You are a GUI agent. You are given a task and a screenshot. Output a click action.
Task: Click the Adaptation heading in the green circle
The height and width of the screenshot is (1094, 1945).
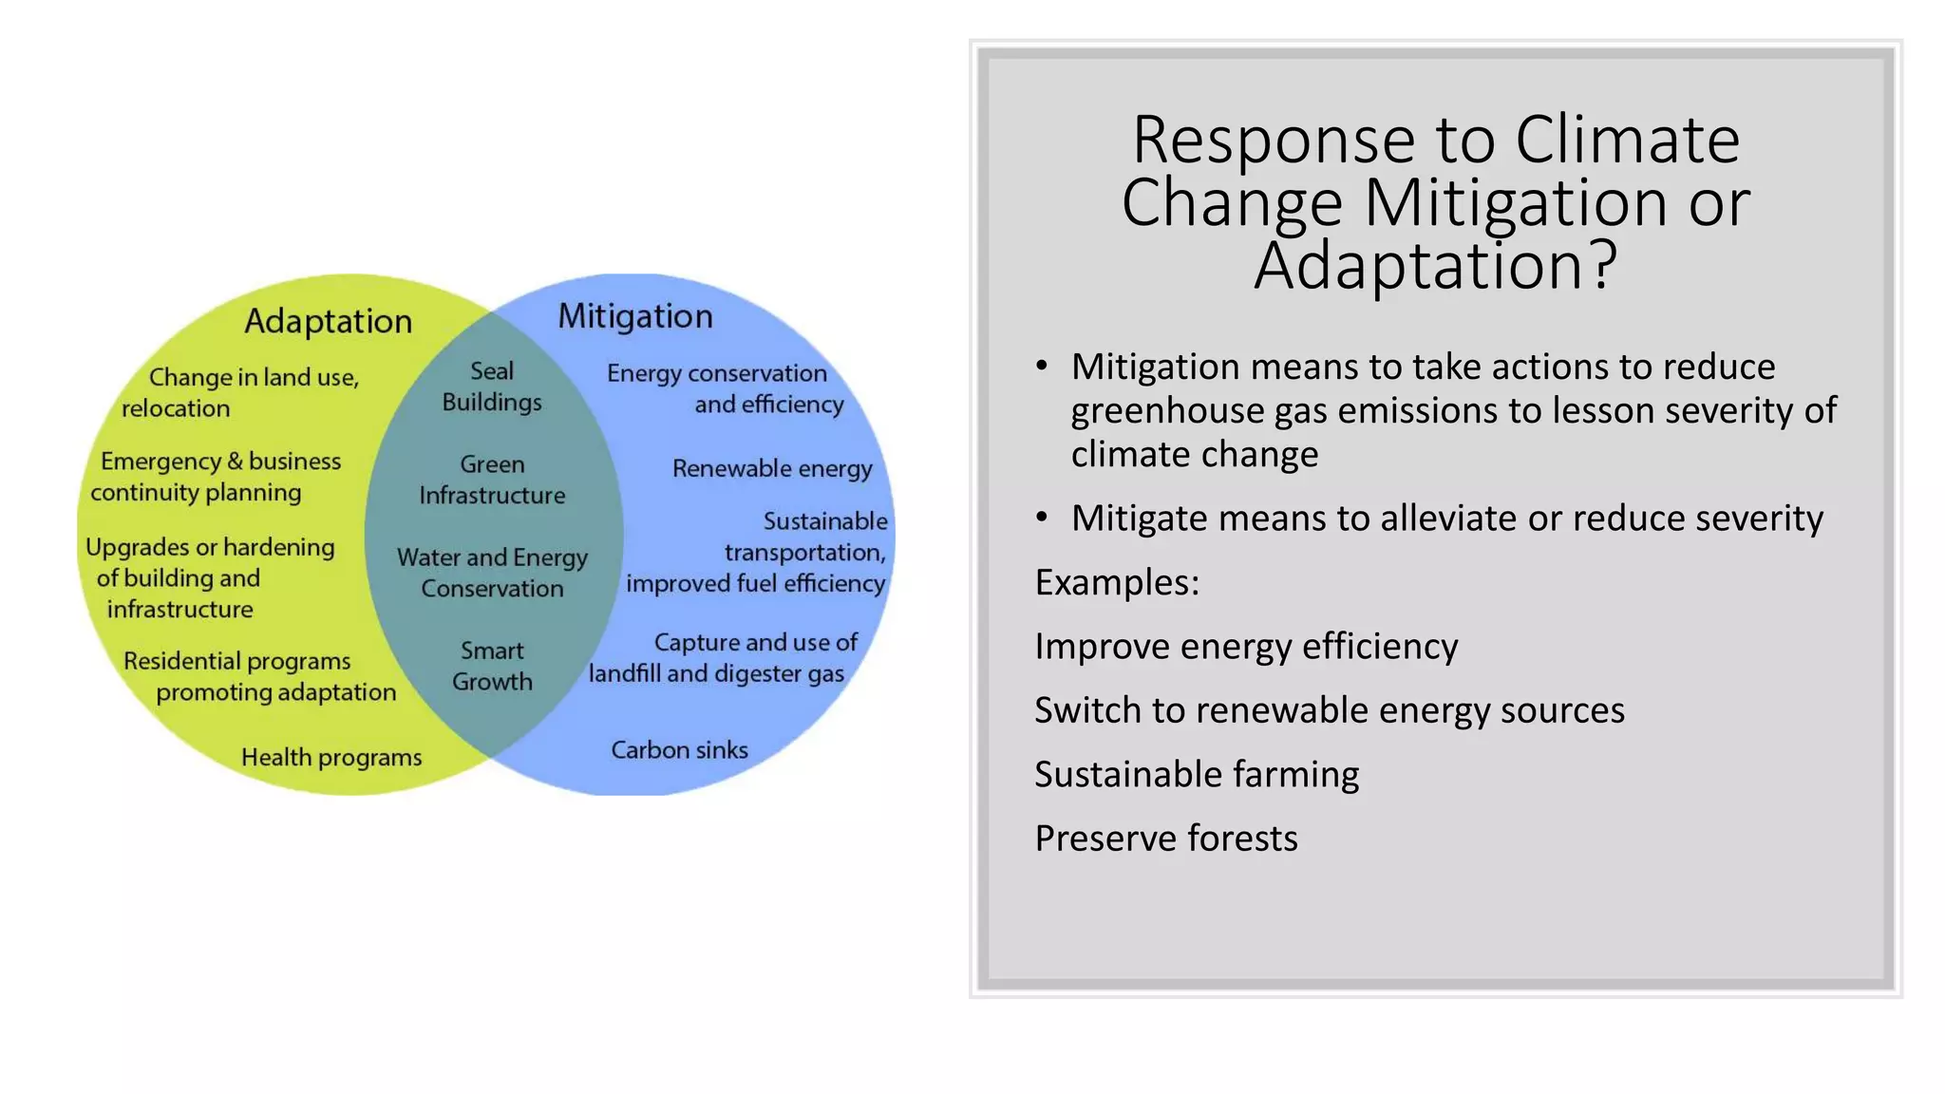click(x=328, y=322)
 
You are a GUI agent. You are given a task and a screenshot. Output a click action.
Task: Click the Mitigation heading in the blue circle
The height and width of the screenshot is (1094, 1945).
click(x=634, y=316)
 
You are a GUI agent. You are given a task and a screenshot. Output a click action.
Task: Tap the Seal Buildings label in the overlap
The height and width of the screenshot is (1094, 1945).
click(x=492, y=387)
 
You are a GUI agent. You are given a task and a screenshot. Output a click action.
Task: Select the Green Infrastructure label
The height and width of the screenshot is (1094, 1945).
click(x=492, y=480)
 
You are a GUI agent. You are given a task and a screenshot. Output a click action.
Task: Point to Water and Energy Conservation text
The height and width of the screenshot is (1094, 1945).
click(x=492, y=573)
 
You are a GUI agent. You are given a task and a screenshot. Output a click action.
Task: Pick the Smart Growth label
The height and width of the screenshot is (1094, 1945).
click(x=492, y=666)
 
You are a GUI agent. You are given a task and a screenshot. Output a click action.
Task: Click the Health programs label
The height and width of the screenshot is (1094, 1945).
click(x=331, y=758)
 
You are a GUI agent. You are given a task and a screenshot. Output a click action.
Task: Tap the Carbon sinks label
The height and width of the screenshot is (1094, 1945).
click(x=679, y=750)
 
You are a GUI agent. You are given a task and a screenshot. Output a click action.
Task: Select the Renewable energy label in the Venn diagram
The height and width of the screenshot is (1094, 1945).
click(x=771, y=468)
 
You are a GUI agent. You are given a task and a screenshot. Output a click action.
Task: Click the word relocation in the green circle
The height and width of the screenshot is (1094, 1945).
click(x=176, y=408)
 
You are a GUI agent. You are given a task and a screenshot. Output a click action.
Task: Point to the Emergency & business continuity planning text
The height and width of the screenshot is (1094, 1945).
click(x=216, y=477)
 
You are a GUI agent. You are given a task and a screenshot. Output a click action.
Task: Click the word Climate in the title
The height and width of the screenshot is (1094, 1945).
click(x=1627, y=141)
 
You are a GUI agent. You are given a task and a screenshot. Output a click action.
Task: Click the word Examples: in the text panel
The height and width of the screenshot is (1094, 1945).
click(x=1117, y=582)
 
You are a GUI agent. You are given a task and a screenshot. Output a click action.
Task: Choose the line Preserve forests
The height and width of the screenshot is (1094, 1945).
click(x=1165, y=839)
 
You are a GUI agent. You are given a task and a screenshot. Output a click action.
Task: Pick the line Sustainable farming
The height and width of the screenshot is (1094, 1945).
click(x=1197, y=775)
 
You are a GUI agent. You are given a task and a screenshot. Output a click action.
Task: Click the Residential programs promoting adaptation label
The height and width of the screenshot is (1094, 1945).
click(x=258, y=677)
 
